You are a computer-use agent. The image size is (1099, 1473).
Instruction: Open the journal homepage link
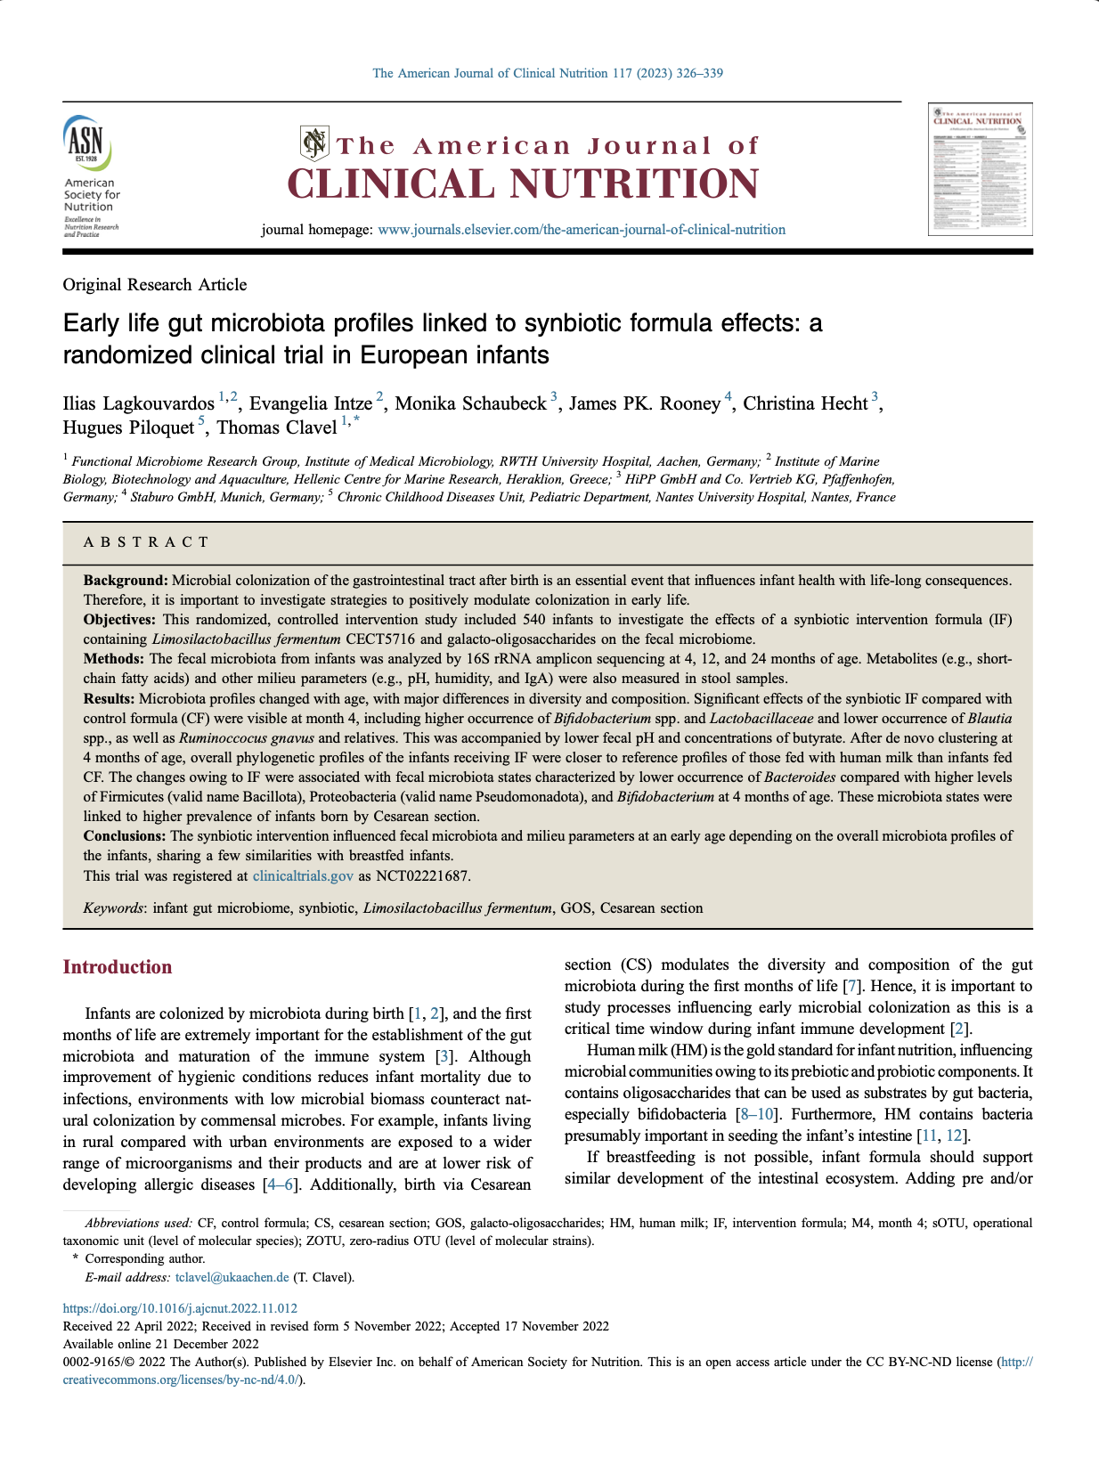click(581, 230)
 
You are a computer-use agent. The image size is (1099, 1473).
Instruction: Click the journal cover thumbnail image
click(980, 169)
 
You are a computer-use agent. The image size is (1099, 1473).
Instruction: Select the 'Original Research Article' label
click(154, 285)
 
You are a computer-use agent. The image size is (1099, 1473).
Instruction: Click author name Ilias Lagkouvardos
click(138, 404)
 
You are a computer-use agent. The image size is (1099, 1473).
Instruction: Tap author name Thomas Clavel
click(276, 428)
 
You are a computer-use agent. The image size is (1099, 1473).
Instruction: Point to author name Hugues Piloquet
click(128, 428)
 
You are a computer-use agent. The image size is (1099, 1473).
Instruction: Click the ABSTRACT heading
click(146, 542)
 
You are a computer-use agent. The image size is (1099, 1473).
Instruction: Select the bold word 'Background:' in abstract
click(126, 581)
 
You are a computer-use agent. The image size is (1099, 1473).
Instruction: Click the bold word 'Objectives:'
click(119, 620)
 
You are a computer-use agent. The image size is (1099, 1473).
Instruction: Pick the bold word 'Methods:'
click(114, 659)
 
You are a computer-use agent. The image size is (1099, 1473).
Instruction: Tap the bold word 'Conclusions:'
click(125, 836)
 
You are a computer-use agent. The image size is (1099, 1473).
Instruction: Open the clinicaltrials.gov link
click(303, 876)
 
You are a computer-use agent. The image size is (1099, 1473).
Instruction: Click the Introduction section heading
click(117, 967)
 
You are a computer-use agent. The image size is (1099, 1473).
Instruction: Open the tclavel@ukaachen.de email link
click(232, 1278)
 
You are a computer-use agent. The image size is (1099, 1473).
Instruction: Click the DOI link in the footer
click(180, 1308)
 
